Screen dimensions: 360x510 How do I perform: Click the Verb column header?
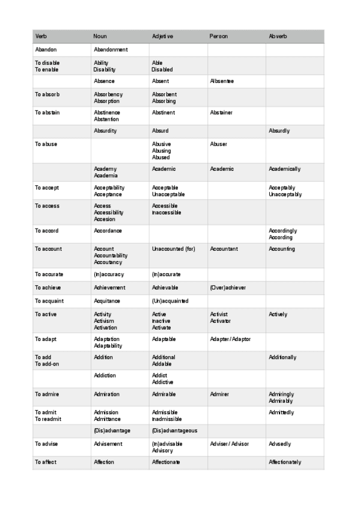coord(41,37)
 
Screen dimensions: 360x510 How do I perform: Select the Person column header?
coord(219,37)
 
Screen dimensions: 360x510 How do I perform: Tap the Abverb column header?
coord(278,37)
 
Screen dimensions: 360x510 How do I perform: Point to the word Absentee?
coord(222,81)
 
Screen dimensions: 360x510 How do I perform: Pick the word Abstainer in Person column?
coord(221,112)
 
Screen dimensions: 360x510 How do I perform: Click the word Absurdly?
coord(279,131)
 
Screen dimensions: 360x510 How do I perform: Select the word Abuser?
coord(219,144)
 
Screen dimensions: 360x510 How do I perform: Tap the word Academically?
coord(285,169)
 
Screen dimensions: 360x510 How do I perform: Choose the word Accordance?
coord(108,231)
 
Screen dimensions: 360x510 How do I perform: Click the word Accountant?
coord(224,249)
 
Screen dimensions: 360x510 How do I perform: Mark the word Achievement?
coord(110,287)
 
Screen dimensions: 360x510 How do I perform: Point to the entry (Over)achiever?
coord(228,287)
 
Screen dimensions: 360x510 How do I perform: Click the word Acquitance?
coord(107,301)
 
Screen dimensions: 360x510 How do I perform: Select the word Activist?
coord(219,315)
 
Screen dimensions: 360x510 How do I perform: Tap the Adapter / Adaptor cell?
coord(230,339)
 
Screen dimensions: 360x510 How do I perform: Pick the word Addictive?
coord(163,382)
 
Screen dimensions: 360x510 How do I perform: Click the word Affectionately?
coord(285,462)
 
